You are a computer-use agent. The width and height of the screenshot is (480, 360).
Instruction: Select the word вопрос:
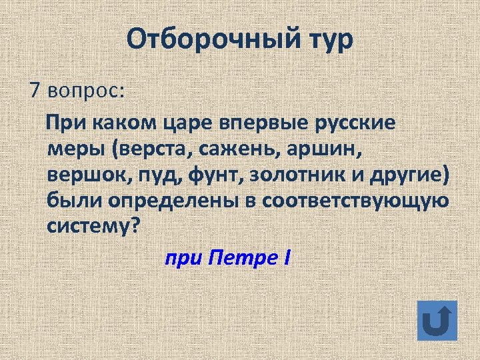[87, 90]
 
